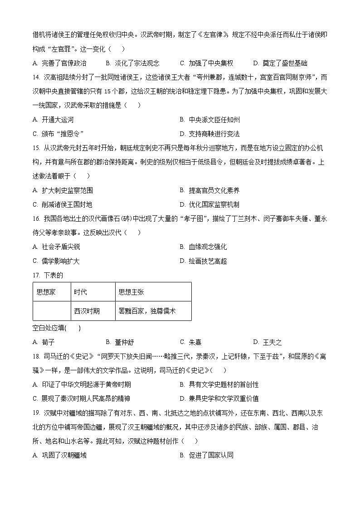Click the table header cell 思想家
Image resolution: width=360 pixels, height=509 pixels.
(x=46, y=292)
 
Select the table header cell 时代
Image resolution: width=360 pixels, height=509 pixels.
(x=81, y=292)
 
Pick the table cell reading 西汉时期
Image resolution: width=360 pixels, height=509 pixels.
(x=87, y=311)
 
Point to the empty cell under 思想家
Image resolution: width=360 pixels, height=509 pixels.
(x=52, y=311)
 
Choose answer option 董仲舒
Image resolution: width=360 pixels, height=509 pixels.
(x=123, y=342)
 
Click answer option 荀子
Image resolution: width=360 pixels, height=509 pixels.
(x=48, y=342)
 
